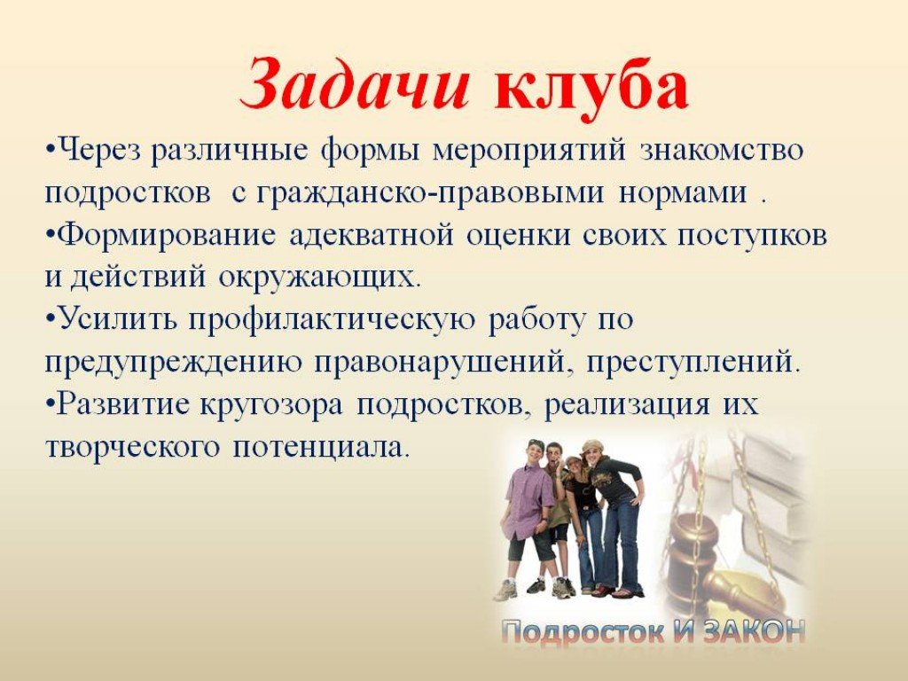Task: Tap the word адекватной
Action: [372, 235]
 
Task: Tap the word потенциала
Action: [321, 448]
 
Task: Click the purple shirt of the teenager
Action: [528, 499]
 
